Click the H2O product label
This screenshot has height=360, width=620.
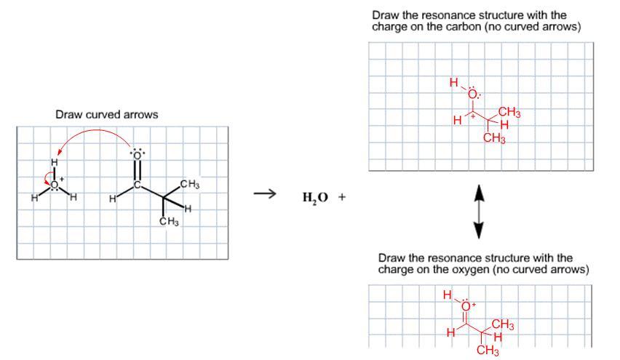315,197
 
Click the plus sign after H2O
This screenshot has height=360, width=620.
342,196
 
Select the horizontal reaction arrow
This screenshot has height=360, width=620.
265,193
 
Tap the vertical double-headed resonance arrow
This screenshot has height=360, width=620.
479,212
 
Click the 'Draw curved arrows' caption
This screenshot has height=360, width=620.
107,115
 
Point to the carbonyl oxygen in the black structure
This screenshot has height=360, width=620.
138,155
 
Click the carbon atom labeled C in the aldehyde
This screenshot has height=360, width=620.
138,185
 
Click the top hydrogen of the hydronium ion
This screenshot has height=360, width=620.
54,162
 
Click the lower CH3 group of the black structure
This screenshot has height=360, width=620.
169,221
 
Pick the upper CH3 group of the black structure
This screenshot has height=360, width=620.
190,184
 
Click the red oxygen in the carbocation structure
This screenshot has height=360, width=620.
472,94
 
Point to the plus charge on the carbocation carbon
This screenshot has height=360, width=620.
472,116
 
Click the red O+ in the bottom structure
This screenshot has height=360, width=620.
467,306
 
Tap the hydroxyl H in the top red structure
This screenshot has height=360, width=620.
453,83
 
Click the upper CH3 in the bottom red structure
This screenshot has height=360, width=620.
503,325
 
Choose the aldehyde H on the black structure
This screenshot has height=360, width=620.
112,199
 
